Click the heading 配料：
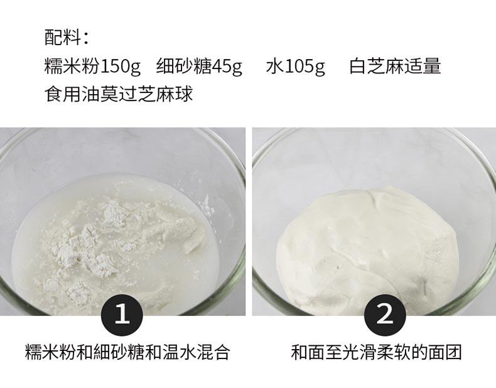[66, 38]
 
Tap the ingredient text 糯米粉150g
[92, 66]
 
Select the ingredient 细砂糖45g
[199, 66]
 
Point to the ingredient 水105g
[296, 66]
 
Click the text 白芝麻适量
[395, 66]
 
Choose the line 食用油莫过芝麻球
[119, 94]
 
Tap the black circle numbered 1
[122, 314]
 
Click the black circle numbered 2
[385, 314]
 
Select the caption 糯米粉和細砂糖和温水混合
[127, 352]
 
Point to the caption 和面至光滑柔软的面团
[377, 352]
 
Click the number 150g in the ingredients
[120, 67]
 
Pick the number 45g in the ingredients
[227, 67]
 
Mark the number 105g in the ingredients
[305, 67]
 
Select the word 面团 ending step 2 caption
[445, 352]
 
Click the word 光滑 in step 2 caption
[360, 352]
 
